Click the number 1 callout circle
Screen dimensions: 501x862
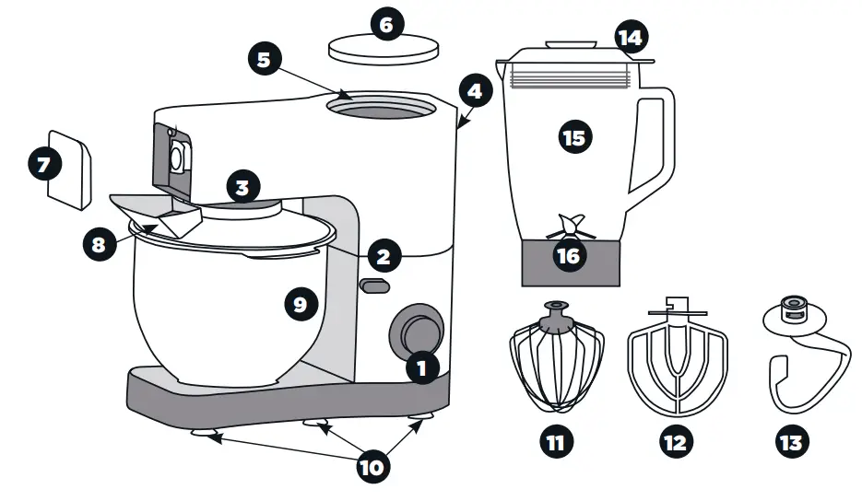(421, 368)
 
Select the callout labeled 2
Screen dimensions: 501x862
(384, 255)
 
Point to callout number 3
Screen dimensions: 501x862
(242, 188)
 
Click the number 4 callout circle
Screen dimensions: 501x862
(474, 91)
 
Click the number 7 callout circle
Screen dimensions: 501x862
(42, 165)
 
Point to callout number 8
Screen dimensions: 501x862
(97, 245)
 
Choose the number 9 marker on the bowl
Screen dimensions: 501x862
(300, 304)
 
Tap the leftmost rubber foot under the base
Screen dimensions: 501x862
(205, 433)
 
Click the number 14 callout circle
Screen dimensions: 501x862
(631, 38)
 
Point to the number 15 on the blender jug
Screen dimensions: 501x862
(573, 137)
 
